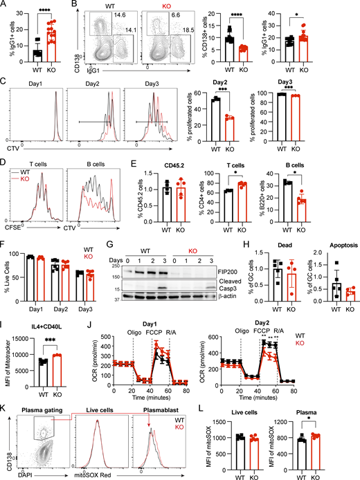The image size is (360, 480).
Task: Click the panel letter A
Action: [x=5, y=6]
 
